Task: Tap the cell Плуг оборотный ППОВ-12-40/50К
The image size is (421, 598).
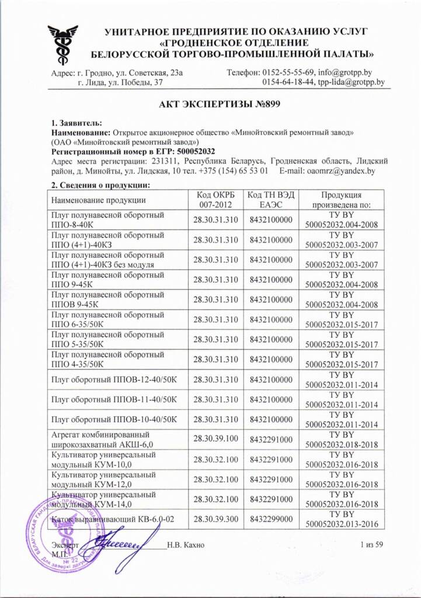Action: pos(114,380)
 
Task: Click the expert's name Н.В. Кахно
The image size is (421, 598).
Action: pos(185,545)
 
